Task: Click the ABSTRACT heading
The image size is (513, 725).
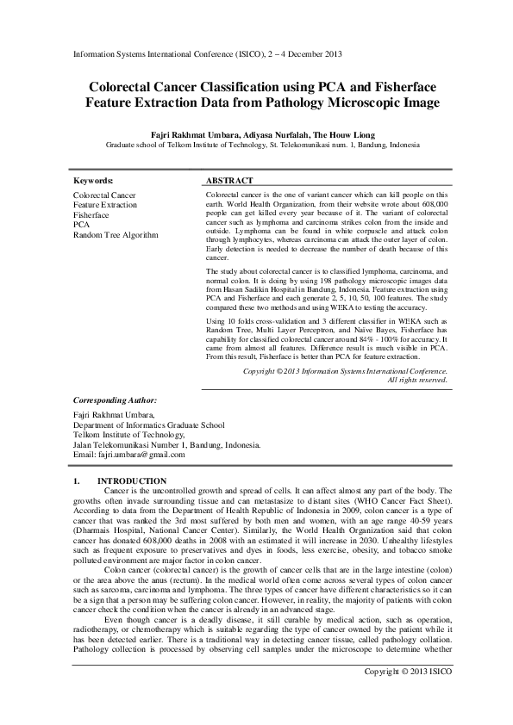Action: coord(229,181)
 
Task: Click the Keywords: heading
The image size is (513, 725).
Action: coord(93,181)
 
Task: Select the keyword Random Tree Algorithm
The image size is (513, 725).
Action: coord(116,234)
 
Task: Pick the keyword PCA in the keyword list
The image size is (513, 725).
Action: coord(81,225)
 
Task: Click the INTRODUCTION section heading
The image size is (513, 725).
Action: coord(132,480)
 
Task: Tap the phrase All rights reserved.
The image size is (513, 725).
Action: coord(417,379)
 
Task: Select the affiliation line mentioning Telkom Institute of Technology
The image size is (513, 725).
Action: coord(256,146)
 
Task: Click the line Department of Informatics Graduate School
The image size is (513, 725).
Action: coord(148,424)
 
